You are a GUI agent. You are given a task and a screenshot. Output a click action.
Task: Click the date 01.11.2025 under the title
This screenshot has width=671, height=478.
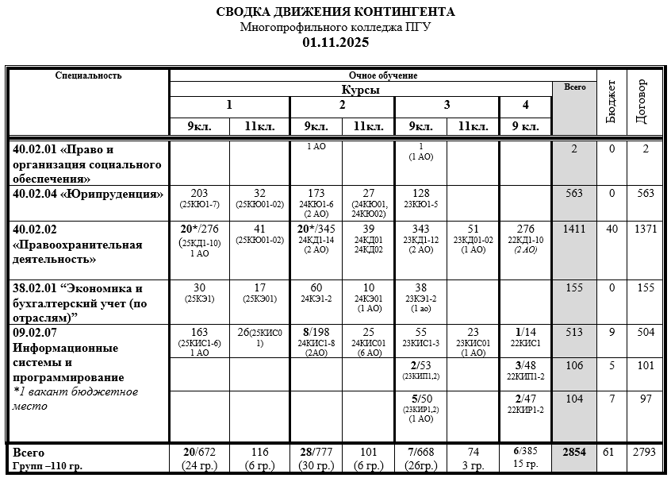[x=335, y=42]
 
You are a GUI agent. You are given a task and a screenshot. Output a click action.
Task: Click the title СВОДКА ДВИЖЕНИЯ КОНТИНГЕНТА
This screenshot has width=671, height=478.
[x=335, y=12]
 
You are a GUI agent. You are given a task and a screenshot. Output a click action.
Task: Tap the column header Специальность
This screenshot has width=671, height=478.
[x=88, y=75]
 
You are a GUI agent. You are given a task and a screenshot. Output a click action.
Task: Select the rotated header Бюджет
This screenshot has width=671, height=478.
[x=612, y=102]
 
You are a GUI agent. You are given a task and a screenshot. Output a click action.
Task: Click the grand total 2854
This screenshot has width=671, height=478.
[x=573, y=452]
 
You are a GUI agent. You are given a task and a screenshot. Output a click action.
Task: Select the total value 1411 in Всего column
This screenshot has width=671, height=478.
[x=573, y=229]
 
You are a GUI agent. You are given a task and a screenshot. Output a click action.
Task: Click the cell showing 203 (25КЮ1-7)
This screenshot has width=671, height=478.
[x=199, y=199]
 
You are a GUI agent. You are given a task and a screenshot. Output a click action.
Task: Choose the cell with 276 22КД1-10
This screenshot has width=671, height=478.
[x=525, y=238]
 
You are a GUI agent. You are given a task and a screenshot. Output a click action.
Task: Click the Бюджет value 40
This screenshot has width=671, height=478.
[x=612, y=229]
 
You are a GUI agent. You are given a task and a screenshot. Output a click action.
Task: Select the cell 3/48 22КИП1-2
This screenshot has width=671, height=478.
[x=525, y=370]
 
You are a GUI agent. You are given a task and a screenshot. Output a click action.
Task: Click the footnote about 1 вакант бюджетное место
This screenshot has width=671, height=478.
[x=75, y=399]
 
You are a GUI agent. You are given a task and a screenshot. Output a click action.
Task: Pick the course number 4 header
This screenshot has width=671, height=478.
[x=525, y=106]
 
